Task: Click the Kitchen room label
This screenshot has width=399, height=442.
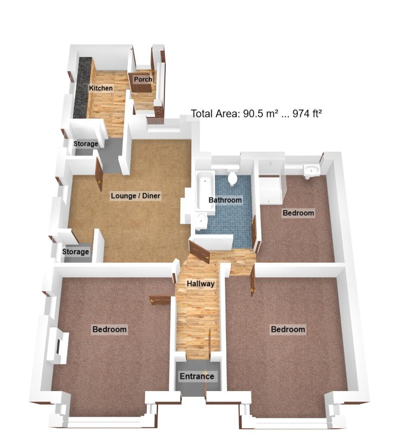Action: click(x=101, y=88)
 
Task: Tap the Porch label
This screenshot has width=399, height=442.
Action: click(x=142, y=79)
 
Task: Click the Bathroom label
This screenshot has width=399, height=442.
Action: click(x=225, y=200)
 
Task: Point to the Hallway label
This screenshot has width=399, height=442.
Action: click(x=200, y=284)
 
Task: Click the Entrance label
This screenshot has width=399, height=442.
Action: click(x=197, y=376)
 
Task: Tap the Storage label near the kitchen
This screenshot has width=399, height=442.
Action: click(x=85, y=144)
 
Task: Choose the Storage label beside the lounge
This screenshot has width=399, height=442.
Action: click(x=76, y=252)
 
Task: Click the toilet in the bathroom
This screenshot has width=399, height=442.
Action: click(x=233, y=178)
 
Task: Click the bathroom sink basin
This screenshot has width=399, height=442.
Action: click(x=202, y=221)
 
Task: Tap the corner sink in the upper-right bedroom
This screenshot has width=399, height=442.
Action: click(x=311, y=170)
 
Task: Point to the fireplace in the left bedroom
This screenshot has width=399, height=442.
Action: click(x=57, y=345)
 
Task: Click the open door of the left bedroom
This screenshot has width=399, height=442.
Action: click(x=161, y=300)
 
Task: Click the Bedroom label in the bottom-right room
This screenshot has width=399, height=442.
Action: click(x=288, y=329)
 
